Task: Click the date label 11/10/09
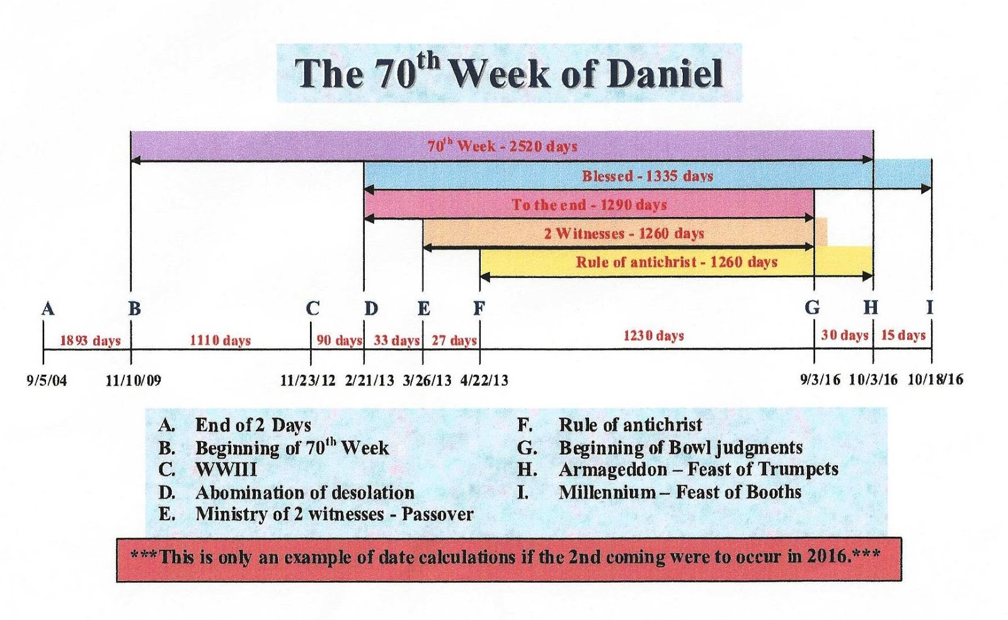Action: pyautogui.click(x=133, y=381)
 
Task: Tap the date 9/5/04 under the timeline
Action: pyautogui.click(x=47, y=381)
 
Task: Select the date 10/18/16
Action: pyautogui.click(x=936, y=380)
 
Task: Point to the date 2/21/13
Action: pyautogui.click(x=369, y=381)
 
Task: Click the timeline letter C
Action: pyautogui.click(x=312, y=309)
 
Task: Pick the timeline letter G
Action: pyautogui.click(x=812, y=307)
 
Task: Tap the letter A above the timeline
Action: pyautogui.click(x=48, y=309)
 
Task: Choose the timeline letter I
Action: pyautogui.click(x=930, y=307)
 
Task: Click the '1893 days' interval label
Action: pyautogui.click(x=91, y=341)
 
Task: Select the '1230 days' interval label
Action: pyautogui.click(x=653, y=336)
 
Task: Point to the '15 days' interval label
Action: pyautogui.click(x=903, y=336)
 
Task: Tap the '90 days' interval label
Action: pyautogui.click(x=340, y=341)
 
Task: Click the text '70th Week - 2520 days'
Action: pyautogui.click(x=502, y=146)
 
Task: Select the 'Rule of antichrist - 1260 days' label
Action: pyautogui.click(x=677, y=262)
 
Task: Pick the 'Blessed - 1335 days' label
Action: pyautogui.click(x=648, y=176)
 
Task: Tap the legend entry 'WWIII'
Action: pyautogui.click(x=226, y=470)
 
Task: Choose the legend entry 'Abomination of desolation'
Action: pyautogui.click(x=305, y=493)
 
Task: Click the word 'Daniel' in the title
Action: pyautogui.click(x=665, y=73)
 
